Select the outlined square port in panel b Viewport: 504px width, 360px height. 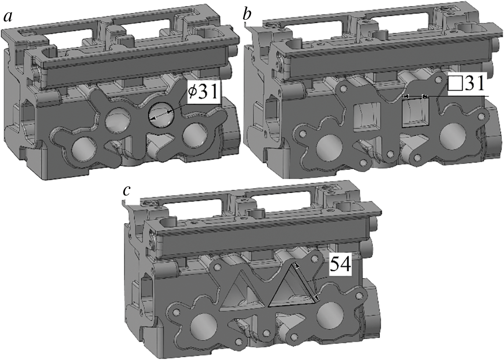[x=416, y=112]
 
